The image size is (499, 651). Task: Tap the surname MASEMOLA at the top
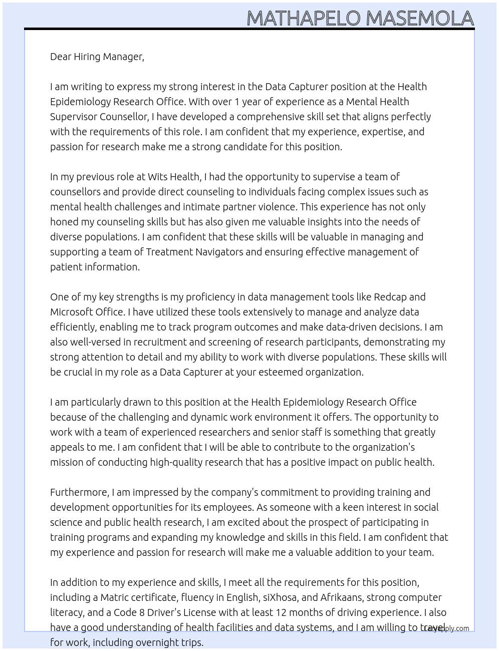tap(420, 18)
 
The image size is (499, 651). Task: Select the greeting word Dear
tap(61, 57)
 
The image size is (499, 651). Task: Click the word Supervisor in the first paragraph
tap(74, 117)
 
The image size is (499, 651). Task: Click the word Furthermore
tap(79, 492)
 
